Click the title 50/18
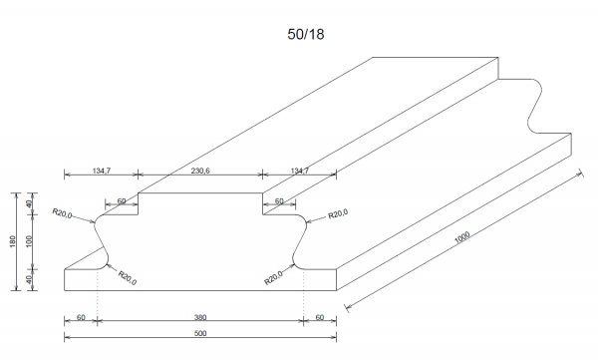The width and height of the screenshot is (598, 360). point(306,34)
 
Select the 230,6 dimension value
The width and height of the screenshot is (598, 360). point(200,171)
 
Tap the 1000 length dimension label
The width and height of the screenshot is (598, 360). point(462,237)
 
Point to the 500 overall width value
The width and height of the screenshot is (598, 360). point(200,333)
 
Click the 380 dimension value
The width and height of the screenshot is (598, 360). point(200,317)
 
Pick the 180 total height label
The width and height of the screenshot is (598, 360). point(13,241)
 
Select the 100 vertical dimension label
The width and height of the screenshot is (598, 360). point(29,241)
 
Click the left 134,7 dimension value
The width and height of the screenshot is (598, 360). point(102,171)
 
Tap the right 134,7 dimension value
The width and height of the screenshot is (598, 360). point(300,171)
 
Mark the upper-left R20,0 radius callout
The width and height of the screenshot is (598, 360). point(62,213)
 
